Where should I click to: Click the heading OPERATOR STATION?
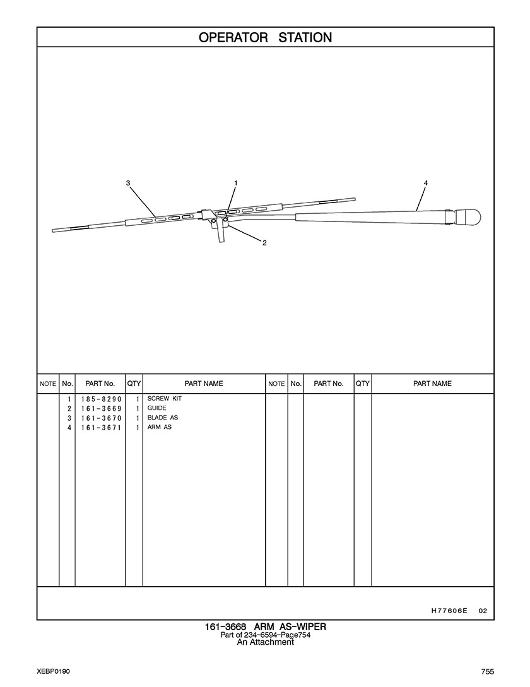(265, 37)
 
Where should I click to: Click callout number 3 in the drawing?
(128, 183)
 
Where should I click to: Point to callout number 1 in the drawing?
(235, 183)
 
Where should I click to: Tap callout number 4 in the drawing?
(426, 183)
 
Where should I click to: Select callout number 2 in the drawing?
(264, 243)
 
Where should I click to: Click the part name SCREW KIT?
(164, 399)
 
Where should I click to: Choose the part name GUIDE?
(156, 408)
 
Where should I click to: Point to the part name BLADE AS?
(162, 418)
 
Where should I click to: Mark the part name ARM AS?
(159, 427)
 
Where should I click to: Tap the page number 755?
(486, 671)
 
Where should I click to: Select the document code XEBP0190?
(53, 671)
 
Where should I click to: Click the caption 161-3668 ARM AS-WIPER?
(265, 627)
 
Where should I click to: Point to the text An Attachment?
(265, 643)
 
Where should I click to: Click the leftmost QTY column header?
(134, 384)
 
